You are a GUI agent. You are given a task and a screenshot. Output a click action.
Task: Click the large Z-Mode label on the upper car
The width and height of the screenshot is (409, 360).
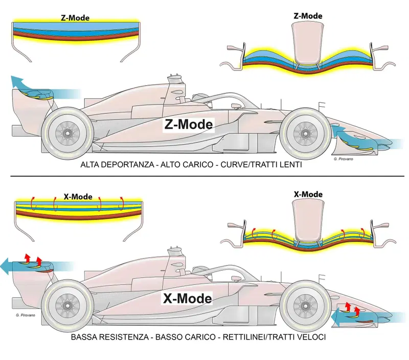point(189,125)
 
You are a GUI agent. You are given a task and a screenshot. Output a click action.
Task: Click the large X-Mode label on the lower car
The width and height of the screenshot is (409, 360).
point(187,298)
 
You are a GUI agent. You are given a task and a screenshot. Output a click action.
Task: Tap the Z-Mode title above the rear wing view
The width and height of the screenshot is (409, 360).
point(75,18)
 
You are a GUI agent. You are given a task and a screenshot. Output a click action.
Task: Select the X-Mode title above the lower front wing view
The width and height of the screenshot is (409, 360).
point(308,195)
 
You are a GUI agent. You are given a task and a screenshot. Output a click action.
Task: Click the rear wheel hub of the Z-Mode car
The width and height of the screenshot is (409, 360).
point(67,133)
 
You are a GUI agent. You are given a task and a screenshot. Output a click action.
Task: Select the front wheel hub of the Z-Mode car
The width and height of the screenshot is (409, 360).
point(305,134)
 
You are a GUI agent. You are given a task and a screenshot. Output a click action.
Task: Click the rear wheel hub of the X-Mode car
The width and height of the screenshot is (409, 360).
point(67,305)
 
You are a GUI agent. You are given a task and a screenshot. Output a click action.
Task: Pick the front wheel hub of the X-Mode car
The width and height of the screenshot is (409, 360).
point(305,306)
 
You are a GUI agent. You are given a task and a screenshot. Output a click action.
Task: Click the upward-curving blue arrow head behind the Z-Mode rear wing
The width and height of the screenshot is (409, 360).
point(16,81)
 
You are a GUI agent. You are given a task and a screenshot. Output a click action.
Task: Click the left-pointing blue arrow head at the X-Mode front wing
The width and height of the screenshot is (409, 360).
point(336,317)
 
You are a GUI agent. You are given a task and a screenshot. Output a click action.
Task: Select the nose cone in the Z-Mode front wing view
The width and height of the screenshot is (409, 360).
point(308,43)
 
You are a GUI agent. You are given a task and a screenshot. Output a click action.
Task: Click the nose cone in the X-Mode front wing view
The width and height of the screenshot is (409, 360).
point(308,221)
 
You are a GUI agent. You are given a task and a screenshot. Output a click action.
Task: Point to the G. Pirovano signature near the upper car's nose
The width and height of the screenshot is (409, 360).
point(343,159)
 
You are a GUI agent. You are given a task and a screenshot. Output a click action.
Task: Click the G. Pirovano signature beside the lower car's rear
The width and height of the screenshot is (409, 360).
point(25,315)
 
